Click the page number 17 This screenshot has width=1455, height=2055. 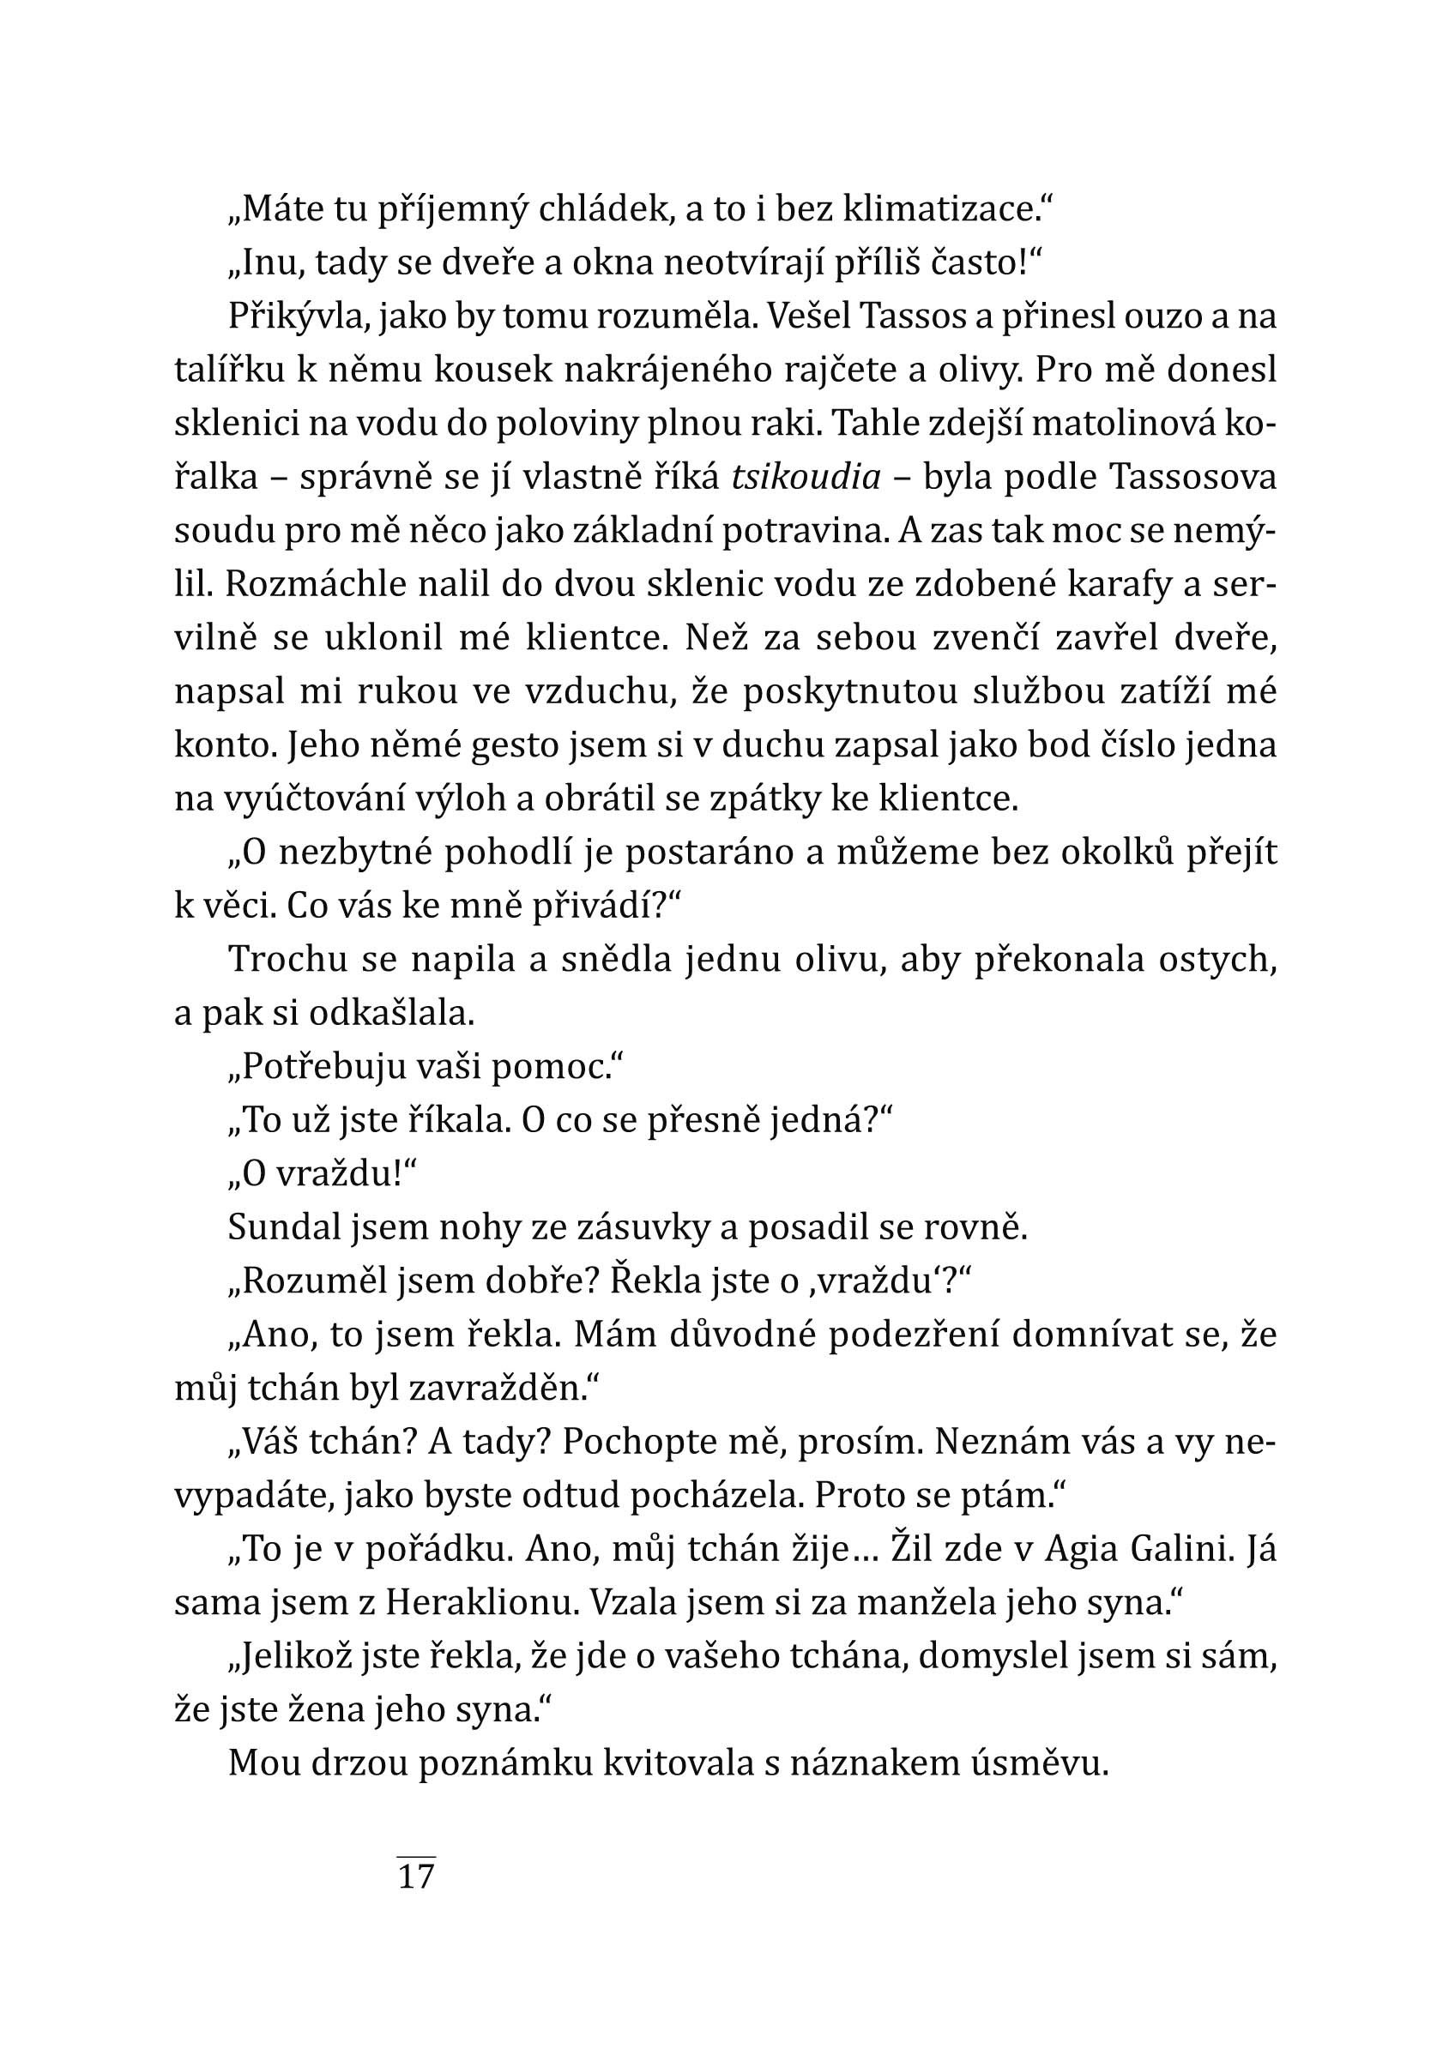click(x=416, y=1874)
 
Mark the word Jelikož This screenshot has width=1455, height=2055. click(x=294, y=1656)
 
